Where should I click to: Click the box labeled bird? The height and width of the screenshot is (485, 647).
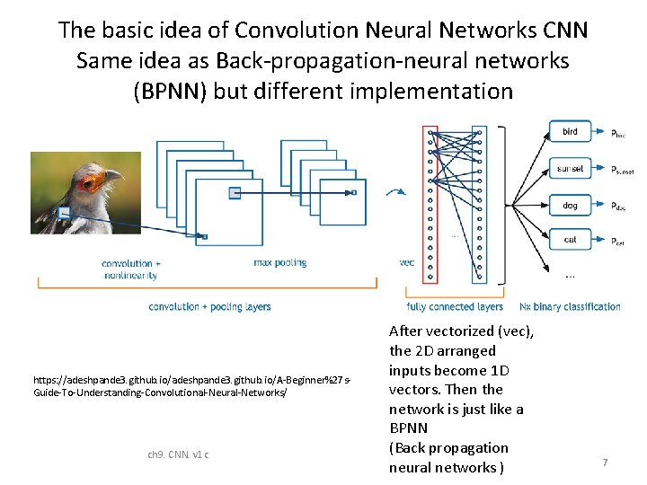pyautogui.click(x=570, y=132)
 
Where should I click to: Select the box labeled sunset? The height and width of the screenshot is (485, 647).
pyautogui.click(x=570, y=169)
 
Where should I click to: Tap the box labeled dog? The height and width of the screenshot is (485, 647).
pyautogui.click(x=570, y=206)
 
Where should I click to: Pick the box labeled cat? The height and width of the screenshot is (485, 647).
pyautogui.click(x=570, y=240)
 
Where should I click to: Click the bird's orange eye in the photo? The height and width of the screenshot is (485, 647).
pyautogui.click(x=90, y=183)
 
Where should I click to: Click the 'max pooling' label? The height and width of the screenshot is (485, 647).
pyautogui.click(x=280, y=262)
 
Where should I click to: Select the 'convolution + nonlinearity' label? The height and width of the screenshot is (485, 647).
pyautogui.click(x=132, y=269)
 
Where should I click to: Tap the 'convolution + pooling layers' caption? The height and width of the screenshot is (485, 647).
pyautogui.click(x=209, y=306)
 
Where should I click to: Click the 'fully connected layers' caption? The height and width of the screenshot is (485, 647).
pyautogui.click(x=455, y=306)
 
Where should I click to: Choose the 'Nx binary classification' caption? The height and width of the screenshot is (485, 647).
pyautogui.click(x=570, y=306)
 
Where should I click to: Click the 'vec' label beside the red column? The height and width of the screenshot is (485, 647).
pyautogui.click(x=406, y=262)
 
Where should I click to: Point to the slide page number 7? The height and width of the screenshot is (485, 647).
pyautogui.click(x=605, y=462)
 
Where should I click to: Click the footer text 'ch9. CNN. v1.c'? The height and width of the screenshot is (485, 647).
pyautogui.click(x=178, y=454)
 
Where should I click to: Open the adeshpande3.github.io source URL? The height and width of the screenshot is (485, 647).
pyautogui.click(x=191, y=387)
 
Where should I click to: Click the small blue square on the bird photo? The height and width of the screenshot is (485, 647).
pyautogui.click(x=64, y=213)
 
